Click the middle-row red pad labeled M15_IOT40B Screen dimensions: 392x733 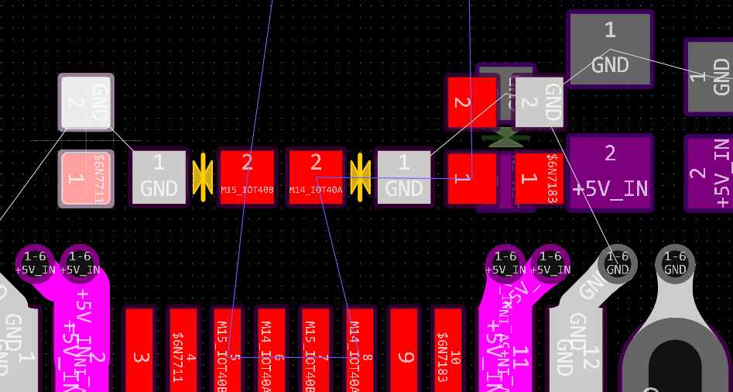(x=247, y=177)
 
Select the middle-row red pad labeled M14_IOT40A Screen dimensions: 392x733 (x=316, y=177)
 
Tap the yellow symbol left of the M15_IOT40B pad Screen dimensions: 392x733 (x=203, y=177)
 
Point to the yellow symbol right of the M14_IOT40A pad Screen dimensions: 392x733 (x=360, y=177)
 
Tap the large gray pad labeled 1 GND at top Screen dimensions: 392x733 (x=610, y=48)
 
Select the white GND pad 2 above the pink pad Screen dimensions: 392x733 (x=86, y=101)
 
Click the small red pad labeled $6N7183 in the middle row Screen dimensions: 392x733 (x=538, y=178)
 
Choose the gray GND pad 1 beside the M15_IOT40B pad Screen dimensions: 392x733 (x=159, y=177)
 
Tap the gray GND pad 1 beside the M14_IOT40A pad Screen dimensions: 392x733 (x=403, y=177)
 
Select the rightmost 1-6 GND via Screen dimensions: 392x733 (x=675, y=263)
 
